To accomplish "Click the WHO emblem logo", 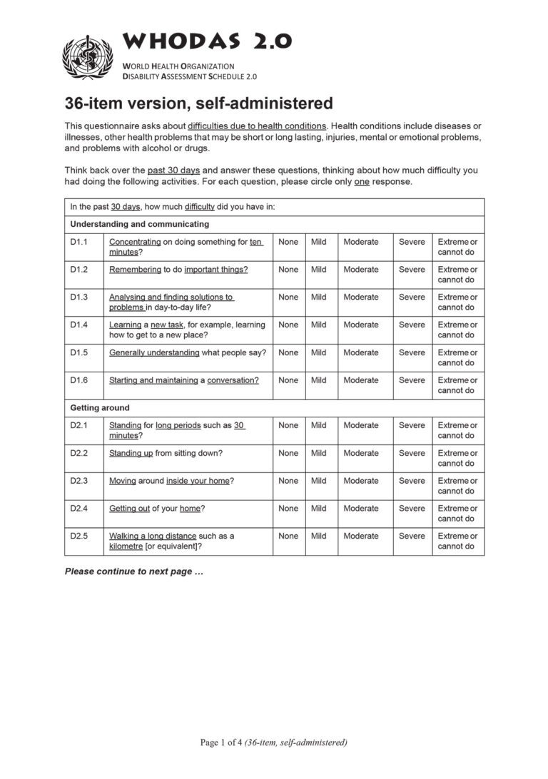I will pos(88,58).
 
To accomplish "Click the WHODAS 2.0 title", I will pos(207,42).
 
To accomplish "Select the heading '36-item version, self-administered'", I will pos(198,103).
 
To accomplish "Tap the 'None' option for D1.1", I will pos(288,242).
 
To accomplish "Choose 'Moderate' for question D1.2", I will pos(360,270).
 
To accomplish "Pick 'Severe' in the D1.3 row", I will pos(412,297).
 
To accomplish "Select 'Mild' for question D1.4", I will pos(319,325).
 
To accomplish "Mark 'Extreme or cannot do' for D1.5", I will pos(457,357).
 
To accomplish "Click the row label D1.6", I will pos(78,380).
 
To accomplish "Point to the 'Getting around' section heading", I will pos(100,408).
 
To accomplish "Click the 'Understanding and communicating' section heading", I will pos(139,224).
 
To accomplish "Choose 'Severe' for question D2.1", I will pos(412,425).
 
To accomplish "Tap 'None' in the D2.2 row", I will pos(288,453).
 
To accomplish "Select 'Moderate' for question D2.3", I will pos(360,481).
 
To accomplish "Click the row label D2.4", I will pos(78,509).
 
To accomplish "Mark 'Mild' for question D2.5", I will pos(319,536).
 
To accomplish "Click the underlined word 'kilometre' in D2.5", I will pos(126,546).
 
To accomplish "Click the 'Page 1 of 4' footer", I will pos(273,743).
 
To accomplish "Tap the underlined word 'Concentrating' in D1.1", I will pos(135,242).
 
